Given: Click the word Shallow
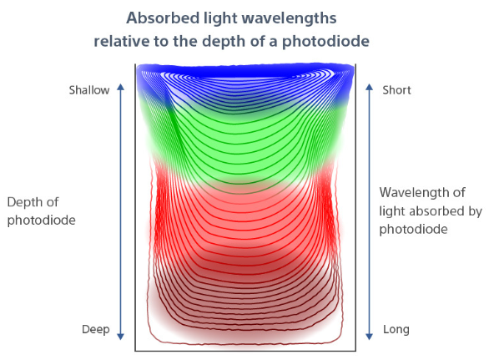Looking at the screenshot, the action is point(89,90).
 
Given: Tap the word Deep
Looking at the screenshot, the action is point(96,329).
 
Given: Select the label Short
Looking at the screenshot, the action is point(396,90).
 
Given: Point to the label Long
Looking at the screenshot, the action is point(396,330).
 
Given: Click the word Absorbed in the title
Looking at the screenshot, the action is point(163,18).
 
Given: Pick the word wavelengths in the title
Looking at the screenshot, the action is point(289,18).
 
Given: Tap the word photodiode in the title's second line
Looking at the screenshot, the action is point(325,42).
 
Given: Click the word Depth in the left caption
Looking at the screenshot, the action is point(24,203).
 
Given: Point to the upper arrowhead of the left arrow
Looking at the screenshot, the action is point(120,87).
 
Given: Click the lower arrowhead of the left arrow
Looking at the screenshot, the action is point(120,337).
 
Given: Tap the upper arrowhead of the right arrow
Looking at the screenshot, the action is point(369,87).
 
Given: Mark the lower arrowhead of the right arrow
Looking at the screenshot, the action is point(369,337).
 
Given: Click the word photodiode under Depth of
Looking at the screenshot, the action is point(42,221).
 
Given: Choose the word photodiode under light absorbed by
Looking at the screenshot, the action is point(413,230).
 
